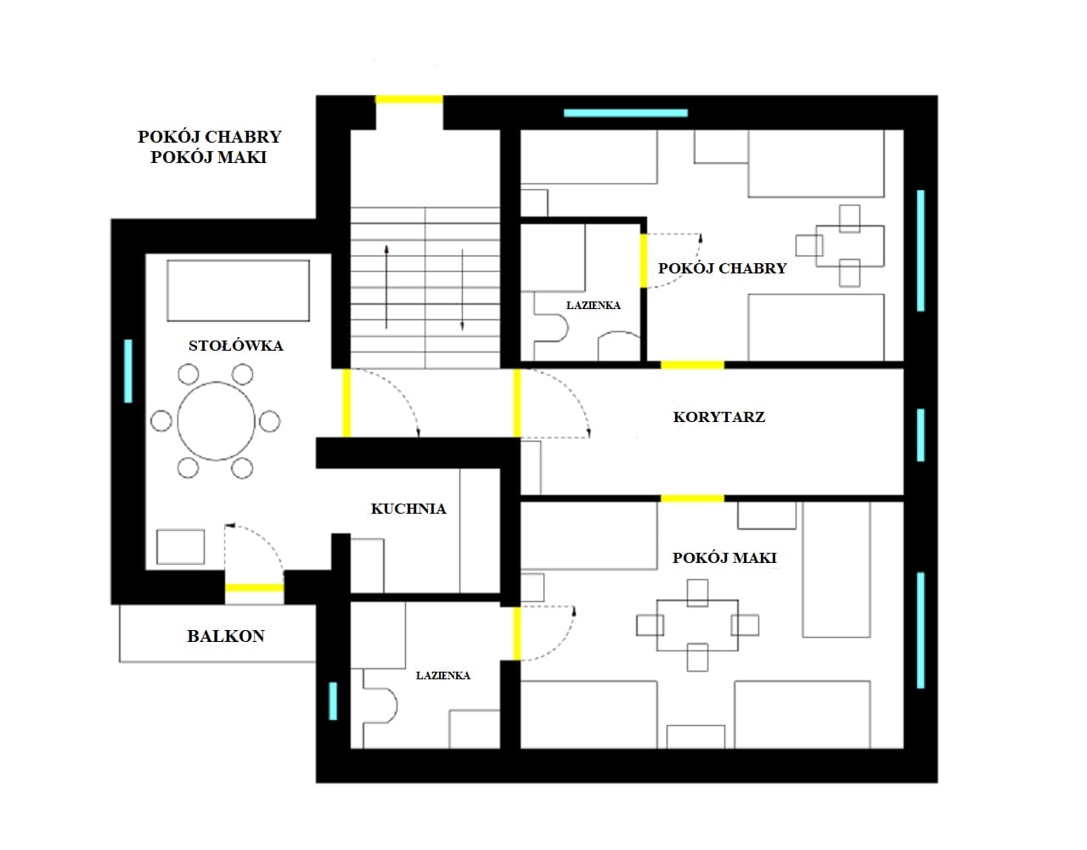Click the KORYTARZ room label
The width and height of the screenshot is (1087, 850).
[x=718, y=417]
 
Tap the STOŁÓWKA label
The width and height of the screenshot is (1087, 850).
[x=235, y=346]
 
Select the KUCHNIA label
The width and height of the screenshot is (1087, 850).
[x=408, y=509]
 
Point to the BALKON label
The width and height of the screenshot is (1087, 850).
[x=226, y=636]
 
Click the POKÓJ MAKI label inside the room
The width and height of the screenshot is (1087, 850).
[x=724, y=558]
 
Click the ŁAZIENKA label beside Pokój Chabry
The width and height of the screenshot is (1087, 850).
[x=594, y=305]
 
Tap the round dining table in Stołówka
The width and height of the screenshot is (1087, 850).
[x=216, y=421]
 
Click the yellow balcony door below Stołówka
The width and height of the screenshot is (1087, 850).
[x=255, y=588]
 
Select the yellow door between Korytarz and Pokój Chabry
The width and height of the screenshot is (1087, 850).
[x=692, y=365]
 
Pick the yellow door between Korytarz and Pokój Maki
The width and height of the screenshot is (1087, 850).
[x=692, y=498]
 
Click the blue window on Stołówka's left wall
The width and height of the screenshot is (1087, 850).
[x=128, y=371]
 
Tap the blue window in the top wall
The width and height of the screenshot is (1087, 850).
[x=626, y=113]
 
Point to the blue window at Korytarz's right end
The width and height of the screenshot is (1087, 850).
[x=921, y=435]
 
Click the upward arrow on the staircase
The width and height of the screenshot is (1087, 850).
[x=386, y=286]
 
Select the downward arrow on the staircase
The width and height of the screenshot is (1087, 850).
[x=462, y=290]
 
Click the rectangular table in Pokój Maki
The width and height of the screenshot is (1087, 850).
[x=697, y=625]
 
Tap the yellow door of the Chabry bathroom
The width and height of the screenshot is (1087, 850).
[x=644, y=261]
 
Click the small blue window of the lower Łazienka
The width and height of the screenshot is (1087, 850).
[x=333, y=701]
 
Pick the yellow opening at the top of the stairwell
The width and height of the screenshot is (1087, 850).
[x=409, y=99]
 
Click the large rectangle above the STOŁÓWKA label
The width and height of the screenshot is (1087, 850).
[x=238, y=290]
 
